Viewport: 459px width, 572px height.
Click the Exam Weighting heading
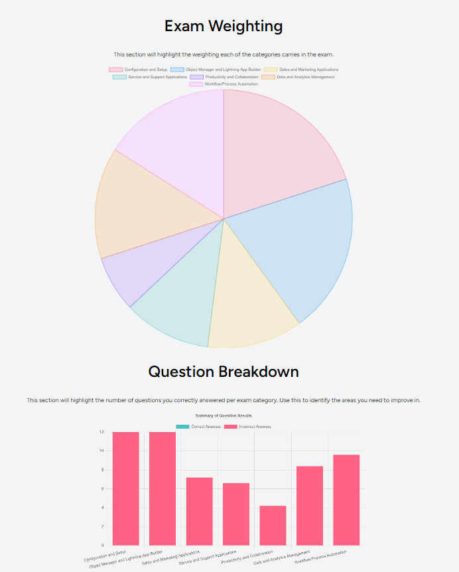click(x=224, y=27)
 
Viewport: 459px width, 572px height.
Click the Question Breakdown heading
click(x=224, y=372)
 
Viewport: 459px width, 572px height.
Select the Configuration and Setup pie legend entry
click(x=139, y=70)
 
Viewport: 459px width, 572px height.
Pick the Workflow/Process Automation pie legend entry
click(x=224, y=84)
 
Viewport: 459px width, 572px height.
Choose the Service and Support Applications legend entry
click(x=151, y=77)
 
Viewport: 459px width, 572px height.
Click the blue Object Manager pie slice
click(x=298, y=246)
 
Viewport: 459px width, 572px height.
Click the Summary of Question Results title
click(x=224, y=416)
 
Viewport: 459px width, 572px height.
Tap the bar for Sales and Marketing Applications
click(x=199, y=511)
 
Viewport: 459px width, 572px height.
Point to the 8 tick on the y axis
click(x=101, y=470)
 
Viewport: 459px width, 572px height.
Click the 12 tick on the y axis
click(x=101, y=432)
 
